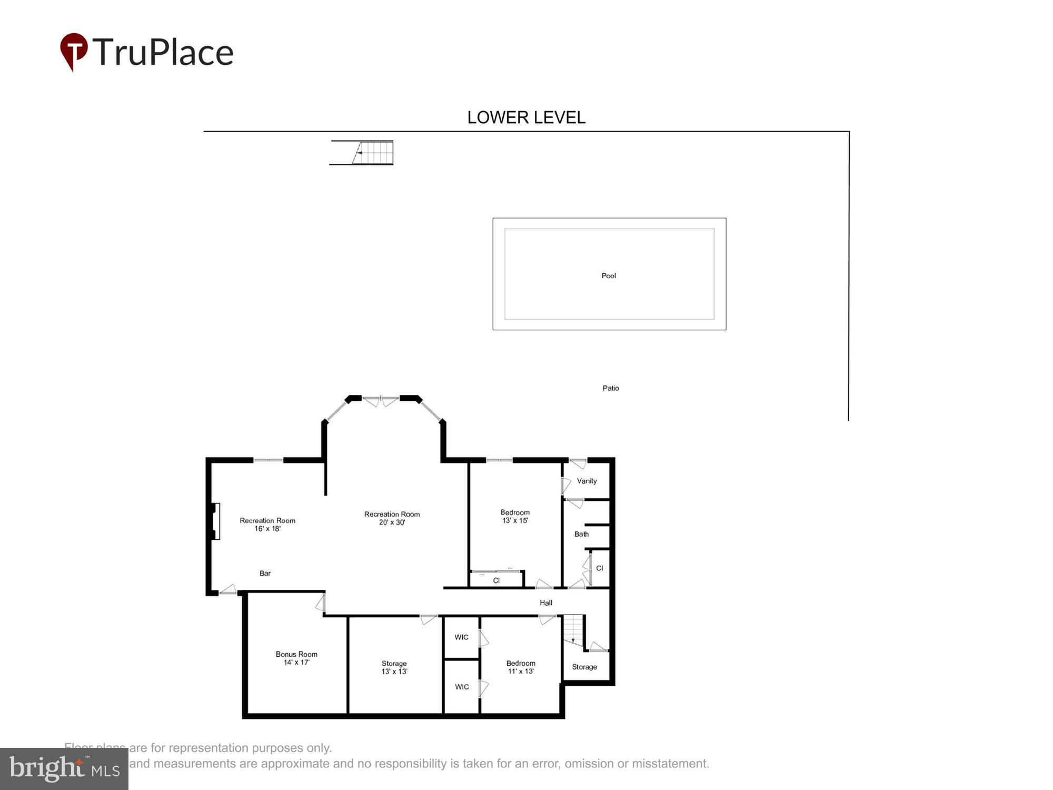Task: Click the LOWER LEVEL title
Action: (526, 117)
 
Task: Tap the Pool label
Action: (609, 275)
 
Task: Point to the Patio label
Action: (611, 388)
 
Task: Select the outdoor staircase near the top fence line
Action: (372, 153)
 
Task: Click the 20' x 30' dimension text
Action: (392, 522)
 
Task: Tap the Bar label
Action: (265, 573)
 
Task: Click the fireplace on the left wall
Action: (215, 521)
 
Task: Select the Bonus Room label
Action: (296, 654)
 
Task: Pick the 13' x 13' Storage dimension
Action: (394, 671)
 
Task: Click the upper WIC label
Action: (461, 637)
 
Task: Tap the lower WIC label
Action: (462, 687)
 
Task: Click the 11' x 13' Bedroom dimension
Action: (521, 671)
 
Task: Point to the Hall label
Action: (546, 603)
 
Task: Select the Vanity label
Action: (587, 481)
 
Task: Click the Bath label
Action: (581, 534)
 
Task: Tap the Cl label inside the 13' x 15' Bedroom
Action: (496, 580)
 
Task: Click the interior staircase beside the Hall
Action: (573, 629)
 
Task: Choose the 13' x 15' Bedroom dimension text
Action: (515, 520)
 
